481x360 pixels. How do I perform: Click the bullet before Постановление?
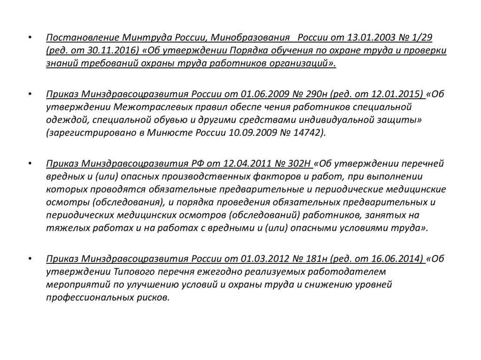pos(30,38)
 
